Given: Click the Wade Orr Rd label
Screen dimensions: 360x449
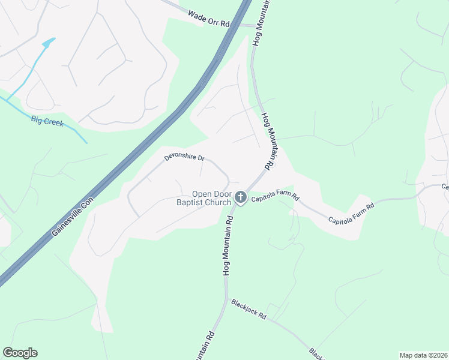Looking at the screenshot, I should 209,18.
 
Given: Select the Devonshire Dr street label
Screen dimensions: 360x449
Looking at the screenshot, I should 185,158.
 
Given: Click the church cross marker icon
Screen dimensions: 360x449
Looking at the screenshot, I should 241,197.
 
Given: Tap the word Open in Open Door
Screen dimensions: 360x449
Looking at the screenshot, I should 202,194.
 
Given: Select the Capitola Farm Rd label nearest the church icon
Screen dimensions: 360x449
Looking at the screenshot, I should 275,197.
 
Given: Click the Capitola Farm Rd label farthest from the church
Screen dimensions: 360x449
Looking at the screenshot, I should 351,213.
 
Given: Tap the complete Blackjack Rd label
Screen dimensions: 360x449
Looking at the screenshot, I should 249,309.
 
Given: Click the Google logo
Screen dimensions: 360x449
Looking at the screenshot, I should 20,353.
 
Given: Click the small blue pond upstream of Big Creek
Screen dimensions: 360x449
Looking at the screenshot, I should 48,43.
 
